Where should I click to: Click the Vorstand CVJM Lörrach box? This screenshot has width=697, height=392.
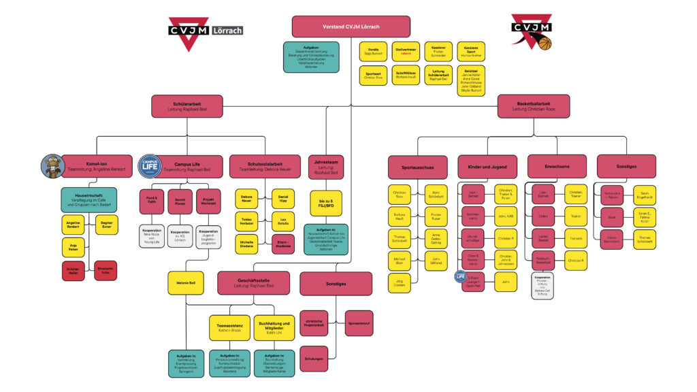click(351, 27)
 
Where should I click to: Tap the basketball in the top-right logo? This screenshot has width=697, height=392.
click(545, 44)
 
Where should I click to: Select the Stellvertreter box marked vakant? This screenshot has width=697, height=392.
click(406, 52)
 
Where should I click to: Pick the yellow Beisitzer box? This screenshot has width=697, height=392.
click(470, 80)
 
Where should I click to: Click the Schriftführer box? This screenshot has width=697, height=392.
click(406, 75)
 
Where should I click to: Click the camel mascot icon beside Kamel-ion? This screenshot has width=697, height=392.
click(52, 165)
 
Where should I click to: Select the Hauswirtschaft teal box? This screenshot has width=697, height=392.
click(88, 199)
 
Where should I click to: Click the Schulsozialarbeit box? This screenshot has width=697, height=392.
click(265, 166)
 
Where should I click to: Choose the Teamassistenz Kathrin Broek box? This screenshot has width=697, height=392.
click(229, 327)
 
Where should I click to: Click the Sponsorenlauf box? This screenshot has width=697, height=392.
click(358, 323)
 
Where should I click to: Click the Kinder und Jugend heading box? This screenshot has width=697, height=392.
click(487, 167)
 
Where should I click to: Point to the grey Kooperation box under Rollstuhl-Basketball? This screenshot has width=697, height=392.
click(542, 285)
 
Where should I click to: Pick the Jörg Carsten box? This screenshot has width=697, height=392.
click(399, 283)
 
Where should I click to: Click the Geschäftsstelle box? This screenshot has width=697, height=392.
click(254, 282)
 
